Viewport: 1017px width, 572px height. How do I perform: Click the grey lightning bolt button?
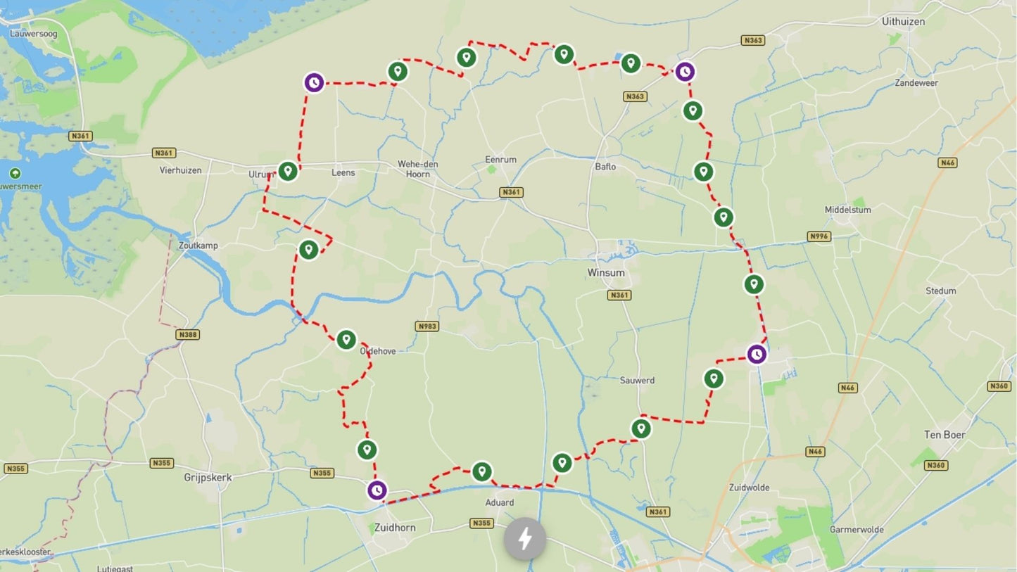point(524,540)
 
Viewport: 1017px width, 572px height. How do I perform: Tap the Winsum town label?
point(606,272)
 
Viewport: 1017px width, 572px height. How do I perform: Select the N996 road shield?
point(819,236)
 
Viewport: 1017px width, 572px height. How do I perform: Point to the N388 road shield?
point(188,334)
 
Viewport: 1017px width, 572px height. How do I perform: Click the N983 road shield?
point(427,326)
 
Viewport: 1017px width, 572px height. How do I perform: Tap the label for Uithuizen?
point(903,22)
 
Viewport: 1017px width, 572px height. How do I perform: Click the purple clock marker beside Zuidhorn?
point(377,490)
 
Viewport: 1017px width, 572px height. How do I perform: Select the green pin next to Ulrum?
point(287,171)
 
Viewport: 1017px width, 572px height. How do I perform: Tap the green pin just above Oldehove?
point(346,340)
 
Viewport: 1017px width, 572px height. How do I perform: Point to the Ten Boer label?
point(945,435)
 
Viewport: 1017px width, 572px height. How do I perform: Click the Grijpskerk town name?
point(208,477)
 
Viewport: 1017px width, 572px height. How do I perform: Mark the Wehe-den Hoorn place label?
point(418,169)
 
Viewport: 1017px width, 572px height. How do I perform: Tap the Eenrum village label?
point(500,160)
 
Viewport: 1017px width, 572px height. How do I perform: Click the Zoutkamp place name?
point(198,246)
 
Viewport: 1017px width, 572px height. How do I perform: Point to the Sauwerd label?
point(637,380)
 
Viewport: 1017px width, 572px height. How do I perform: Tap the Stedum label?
point(941,291)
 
